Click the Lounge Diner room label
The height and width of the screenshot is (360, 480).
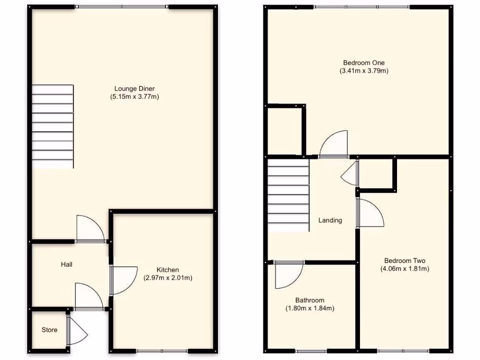click(135, 88)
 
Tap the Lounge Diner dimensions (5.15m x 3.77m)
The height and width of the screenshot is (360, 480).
click(135, 97)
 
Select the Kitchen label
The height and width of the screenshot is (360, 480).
click(168, 270)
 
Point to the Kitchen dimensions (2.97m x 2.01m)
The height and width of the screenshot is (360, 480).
click(168, 278)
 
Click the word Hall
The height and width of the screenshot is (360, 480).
click(67, 264)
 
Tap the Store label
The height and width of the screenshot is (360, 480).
click(50, 330)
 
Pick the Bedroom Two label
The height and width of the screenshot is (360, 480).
click(405, 261)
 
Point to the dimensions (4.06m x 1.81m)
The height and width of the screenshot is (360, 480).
click(405, 269)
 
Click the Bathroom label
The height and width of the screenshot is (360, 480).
click(309, 300)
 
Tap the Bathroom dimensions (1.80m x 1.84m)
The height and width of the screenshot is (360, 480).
click(309, 308)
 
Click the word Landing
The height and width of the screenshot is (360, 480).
click(330, 220)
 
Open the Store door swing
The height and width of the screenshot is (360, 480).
click(77, 331)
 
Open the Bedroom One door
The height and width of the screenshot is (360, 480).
click(334, 144)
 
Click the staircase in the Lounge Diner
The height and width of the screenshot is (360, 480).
click(52, 126)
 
